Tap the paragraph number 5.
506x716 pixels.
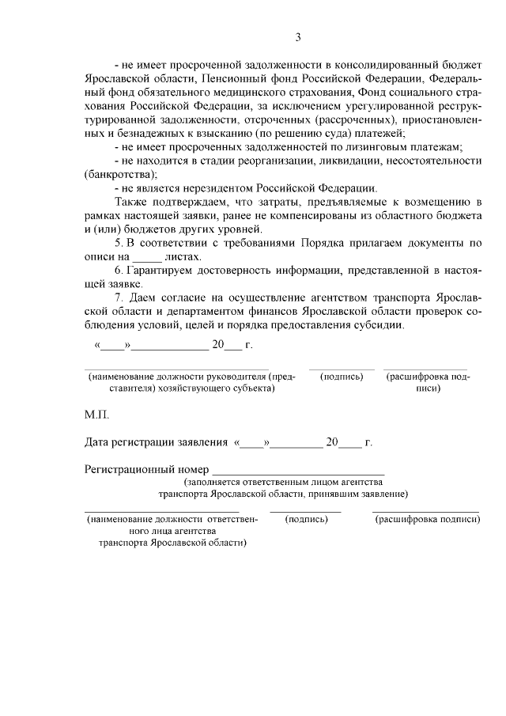pos(118,243)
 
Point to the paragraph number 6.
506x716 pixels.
pos(118,271)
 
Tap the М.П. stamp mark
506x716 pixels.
pos(97,414)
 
